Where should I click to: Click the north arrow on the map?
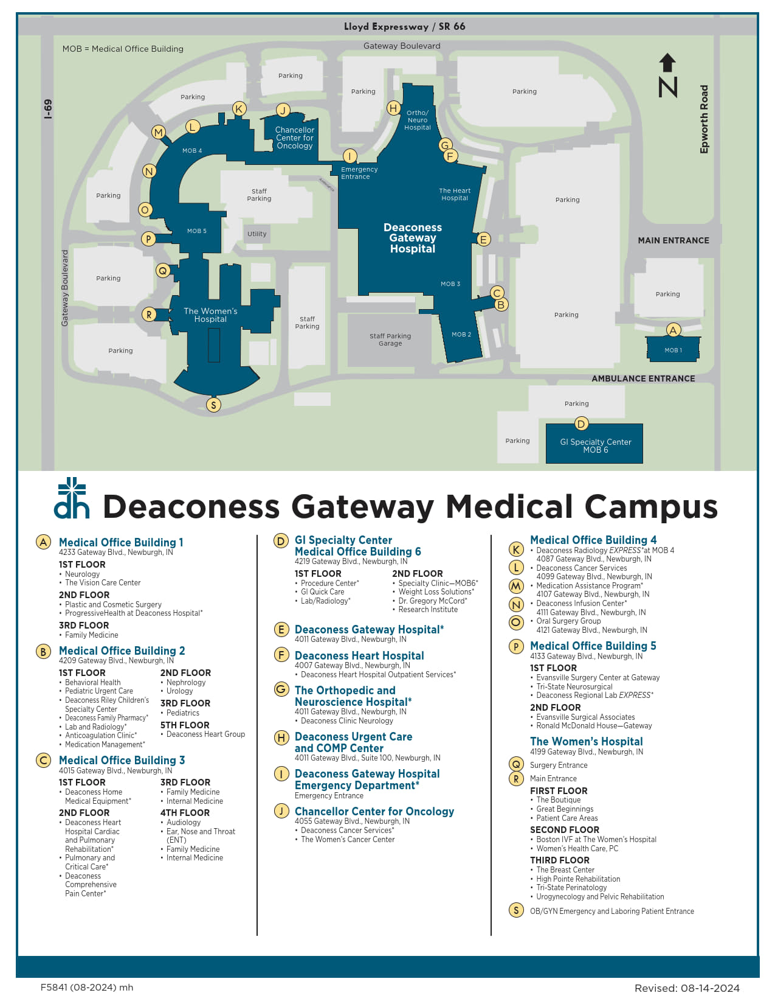tap(667, 75)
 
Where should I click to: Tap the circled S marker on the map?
tap(213, 405)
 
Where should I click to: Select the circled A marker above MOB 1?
tap(673, 330)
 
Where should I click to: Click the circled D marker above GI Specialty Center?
tap(581, 424)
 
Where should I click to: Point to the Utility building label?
tap(257, 234)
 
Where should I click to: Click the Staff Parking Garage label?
tap(390, 340)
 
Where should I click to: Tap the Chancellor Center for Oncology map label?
tap(295, 138)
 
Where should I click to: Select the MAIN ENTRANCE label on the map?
tap(673, 240)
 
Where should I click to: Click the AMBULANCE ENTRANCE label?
tap(643, 378)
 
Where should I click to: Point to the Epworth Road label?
tap(704, 119)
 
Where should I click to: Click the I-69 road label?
tap(48, 109)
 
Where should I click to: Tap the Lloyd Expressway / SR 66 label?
tap(404, 27)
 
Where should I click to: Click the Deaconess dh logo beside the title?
tap(72, 498)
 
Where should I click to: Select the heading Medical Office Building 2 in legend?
tap(122, 651)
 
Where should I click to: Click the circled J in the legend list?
tap(281, 811)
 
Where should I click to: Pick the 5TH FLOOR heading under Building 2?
tap(185, 725)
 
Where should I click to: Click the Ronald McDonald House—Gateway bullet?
tap(593, 726)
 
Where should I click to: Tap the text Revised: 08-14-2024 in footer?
tap(687, 988)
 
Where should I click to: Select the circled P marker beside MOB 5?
tap(148, 239)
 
